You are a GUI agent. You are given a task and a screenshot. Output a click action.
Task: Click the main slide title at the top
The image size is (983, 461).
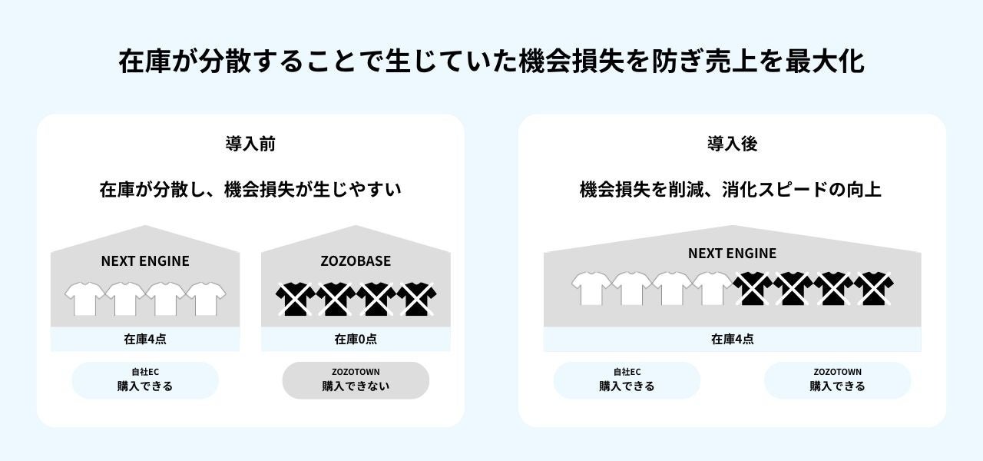tap(491, 61)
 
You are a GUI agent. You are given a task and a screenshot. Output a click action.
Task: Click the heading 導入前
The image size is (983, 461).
tap(250, 144)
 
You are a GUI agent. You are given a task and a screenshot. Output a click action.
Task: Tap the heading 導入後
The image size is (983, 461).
tap(732, 144)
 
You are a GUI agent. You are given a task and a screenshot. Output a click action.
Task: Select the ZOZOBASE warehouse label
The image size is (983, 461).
tap(356, 261)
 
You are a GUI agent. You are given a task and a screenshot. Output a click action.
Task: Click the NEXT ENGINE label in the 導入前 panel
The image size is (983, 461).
tap(145, 261)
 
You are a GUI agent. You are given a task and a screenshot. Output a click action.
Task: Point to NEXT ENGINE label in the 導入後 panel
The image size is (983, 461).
tap(732, 254)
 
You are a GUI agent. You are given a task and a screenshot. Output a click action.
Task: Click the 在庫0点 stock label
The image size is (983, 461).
tap(356, 339)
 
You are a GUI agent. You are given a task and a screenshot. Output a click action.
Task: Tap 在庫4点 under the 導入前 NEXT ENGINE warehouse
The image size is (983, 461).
tap(145, 339)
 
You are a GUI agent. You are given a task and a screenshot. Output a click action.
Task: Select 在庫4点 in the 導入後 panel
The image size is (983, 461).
tap(732, 339)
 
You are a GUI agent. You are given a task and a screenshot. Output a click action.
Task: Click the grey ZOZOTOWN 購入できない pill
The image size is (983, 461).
tap(356, 380)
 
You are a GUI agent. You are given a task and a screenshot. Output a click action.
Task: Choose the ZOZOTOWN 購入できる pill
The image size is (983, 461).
tap(837, 380)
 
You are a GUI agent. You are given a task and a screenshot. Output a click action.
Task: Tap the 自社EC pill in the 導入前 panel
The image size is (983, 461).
tap(145, 380)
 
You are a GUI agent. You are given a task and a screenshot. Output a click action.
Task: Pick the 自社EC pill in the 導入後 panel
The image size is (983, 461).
tap(627, 380)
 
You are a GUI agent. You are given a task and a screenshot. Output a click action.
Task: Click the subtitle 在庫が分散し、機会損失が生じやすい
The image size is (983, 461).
tap(250, 189)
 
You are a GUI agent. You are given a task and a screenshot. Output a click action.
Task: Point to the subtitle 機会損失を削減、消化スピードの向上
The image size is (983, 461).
tap(730, 189)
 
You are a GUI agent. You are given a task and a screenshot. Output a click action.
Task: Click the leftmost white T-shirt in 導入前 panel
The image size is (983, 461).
tap(84, 298)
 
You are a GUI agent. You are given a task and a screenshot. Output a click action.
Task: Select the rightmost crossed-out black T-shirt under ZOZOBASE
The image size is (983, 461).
tap(416, 298)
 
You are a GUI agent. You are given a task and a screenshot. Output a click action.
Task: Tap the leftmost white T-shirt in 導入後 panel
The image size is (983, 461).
tap(591, 289)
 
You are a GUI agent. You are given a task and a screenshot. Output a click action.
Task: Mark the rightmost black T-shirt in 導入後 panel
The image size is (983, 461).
tap(874, 289)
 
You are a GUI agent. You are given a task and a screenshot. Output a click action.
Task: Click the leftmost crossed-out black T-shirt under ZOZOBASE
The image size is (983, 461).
tap(295, 298)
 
